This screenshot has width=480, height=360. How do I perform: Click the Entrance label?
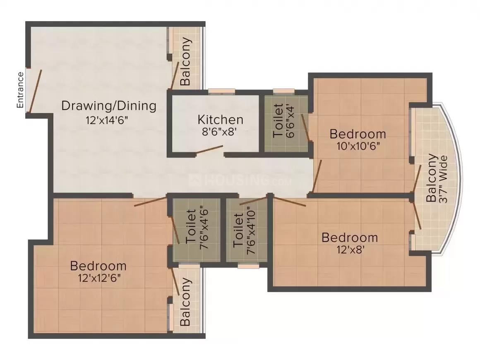pyautogui.click(x=20, y=90)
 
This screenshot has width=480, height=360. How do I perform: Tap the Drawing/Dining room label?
pyautogui.click(x=109, y=106)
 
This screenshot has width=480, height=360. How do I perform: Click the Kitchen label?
pyautogui.click(x=220, y=120)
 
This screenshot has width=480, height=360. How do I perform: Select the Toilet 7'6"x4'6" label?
pyautogui.click(x=197, y=230)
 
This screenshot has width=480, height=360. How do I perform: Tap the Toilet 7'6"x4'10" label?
pyautogui.click(x=245, y=230)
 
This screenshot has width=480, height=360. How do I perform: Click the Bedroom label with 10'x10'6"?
pyautogui.click(x=358, y=134)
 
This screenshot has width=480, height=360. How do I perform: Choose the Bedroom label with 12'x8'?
pyautogui.click(x=350, y=238)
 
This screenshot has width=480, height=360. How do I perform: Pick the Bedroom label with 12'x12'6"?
pyautogui.click(x=98, y=265)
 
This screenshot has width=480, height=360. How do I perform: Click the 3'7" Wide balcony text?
pyautogui.click(x=443, y=178)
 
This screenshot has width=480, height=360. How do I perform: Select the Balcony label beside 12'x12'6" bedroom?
pyautogui.click(x=186, y=301)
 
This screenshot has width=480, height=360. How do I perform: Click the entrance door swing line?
pyautogui.click(x=35, y=91)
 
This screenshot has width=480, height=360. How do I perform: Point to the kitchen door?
pyautogui.click(x=209, y=149)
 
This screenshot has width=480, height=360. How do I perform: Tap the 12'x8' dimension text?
pyautogui.click(x=350, y=250)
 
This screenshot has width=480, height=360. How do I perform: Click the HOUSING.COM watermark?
pyautogui.click(x=240, y=180)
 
